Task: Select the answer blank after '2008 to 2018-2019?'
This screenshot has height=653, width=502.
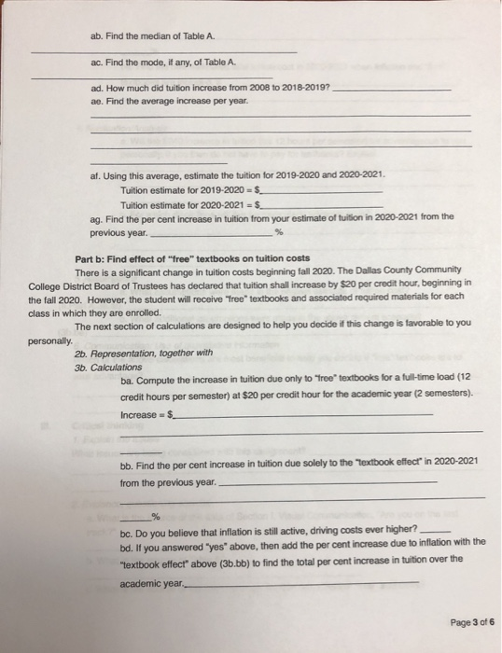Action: pyautogui.click(x=392, y=88)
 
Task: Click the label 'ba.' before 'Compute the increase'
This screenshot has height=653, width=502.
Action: pyautogui.click(x=127, y=381)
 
